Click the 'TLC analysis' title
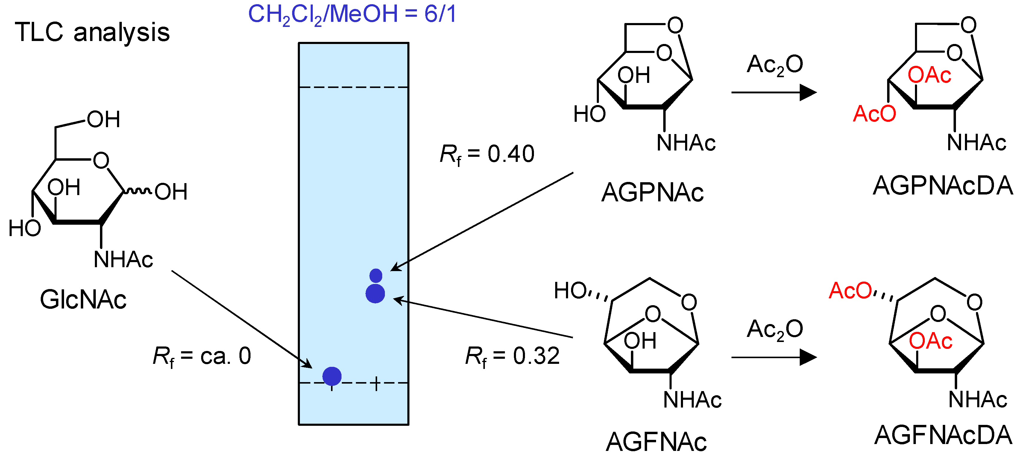(x=92, y=33)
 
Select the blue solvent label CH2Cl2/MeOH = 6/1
(x=352, y=14)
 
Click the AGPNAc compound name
(x=652, y=193)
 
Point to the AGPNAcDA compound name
(x=943, y=186)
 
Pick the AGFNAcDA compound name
(x=943, y=435)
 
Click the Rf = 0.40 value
(x=487, y=154)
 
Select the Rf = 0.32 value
(x=512, y=356)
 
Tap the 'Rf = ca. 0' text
(x=202, y=356)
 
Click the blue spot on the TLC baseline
(x=332, y=376)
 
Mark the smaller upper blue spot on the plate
(x=376, y=276)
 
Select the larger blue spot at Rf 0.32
(x=375, y=294)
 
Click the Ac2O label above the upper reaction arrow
(x=775, y=65)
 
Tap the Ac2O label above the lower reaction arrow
(x=775, y=329)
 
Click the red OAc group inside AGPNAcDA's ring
(x=929, y=75)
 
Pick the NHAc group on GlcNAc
(x=123, y=260)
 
